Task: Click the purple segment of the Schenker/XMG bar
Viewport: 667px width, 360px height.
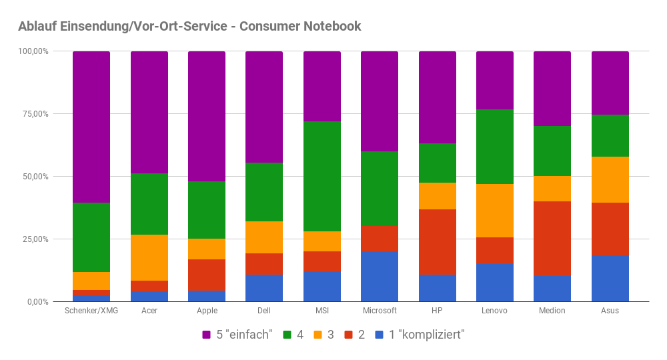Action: click(91, 127)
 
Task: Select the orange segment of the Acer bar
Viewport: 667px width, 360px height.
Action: click(149, 257)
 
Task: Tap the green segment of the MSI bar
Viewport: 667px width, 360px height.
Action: click(322, 176)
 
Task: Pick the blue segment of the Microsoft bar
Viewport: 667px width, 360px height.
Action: click(380, 277)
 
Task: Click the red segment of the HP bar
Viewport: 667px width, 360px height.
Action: click(438, 241)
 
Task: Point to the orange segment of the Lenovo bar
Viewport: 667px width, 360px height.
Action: click(495, 210)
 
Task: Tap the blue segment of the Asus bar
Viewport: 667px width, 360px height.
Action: click(610, 279)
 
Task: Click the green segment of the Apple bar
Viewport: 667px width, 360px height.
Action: click(207, 209)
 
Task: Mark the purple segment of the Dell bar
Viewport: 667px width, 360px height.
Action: click(264, 107)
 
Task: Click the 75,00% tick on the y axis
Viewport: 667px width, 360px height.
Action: click(35, 114)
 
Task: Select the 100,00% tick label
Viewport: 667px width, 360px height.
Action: click(33, 51)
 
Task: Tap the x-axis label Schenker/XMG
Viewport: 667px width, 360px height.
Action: click(91, 311)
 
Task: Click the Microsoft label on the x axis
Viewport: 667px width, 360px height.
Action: click(380, 311)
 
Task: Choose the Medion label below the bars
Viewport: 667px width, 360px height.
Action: click(552, 311)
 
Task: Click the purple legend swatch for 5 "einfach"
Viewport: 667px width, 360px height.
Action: click(207, 335)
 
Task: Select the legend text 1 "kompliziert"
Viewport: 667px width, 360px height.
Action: click(426, 335)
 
